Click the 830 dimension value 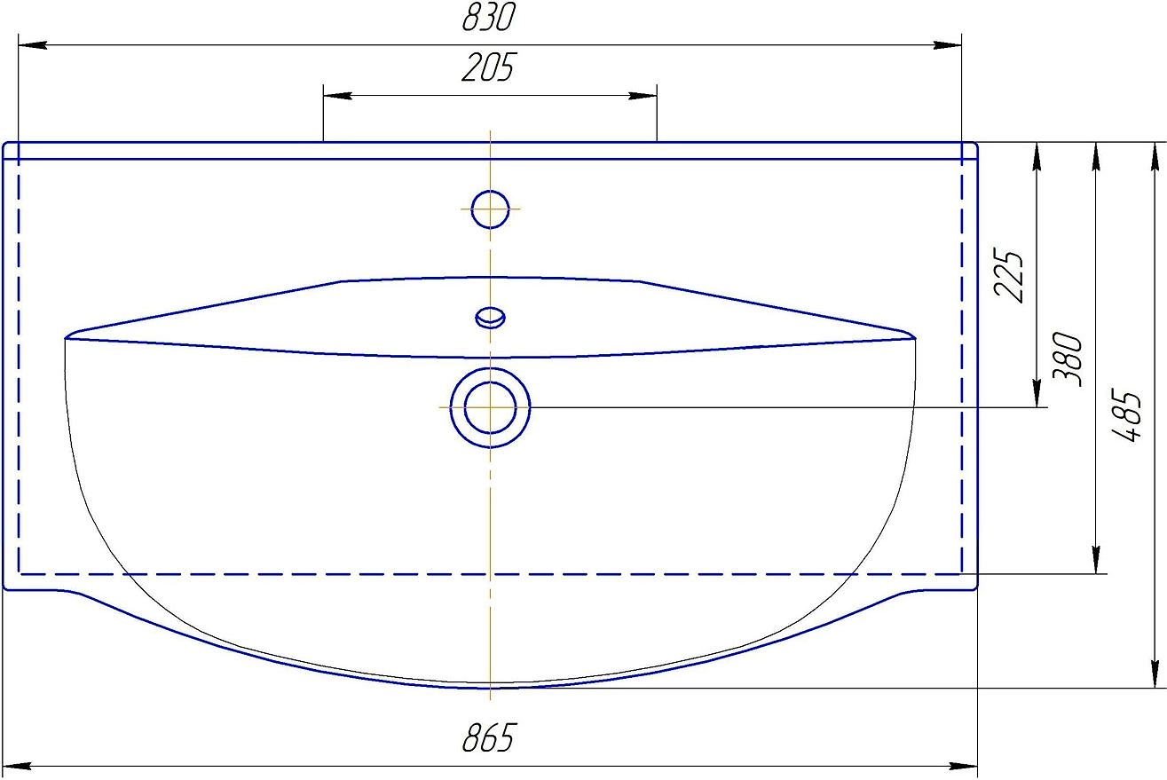point(489,17)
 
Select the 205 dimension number point(488,67)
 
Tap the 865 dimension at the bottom point(489,738)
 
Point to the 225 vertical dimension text point(1009,274)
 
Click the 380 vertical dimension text point(1068,359)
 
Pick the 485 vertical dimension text point(1127,415)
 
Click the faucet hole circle point(490,209)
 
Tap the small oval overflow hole point(490,318)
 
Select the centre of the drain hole point(490,407)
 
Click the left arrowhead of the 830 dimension point(32,45)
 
